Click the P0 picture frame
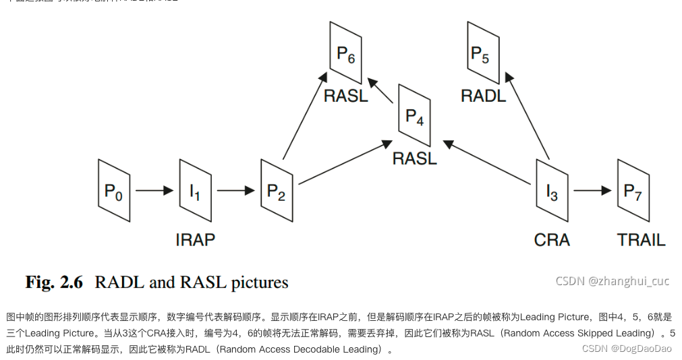(x=114, y=191)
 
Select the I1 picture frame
(x=195, y=191)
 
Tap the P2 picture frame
(x=277, y=191)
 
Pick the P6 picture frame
(x=346, y=53)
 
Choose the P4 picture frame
(x=414, y=115)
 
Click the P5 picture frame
(x=483, y=53)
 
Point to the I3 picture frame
(x=552, y=191)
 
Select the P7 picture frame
(x=633, y=191)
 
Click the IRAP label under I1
(x=195, y=239)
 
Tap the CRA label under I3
(x=552, y=239)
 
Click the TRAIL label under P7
(x=641, y=239)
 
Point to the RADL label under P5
(x=483, y=96)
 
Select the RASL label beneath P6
(x=346, y=96)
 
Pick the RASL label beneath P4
(x=414, y=158)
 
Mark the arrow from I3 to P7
(x=592, y=191)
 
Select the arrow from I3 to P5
(x=525, y=115)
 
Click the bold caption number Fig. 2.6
(x=54, y=282)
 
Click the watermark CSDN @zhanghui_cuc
(x=612, y=281)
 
